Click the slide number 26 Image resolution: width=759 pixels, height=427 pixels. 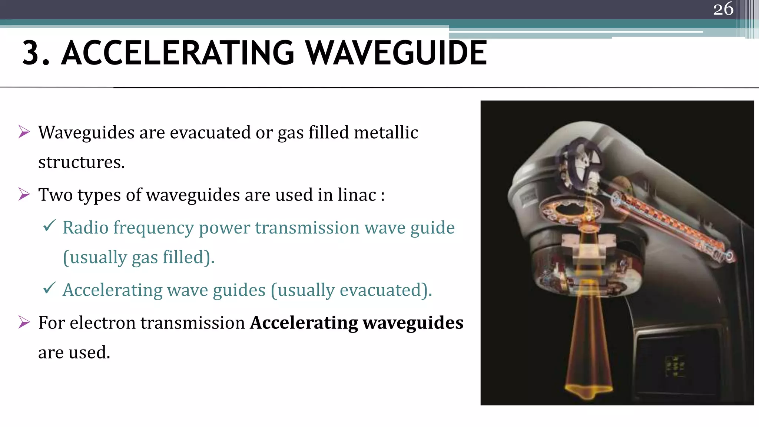[723, 9]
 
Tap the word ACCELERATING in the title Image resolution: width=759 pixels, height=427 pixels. [178, 53]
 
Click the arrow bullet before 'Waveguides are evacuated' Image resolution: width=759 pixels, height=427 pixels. [24, 132]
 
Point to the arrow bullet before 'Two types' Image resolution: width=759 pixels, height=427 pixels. [24, 194]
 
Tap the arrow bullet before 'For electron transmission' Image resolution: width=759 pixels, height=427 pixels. [24, 322]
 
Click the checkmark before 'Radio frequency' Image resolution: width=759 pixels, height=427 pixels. [49, 225]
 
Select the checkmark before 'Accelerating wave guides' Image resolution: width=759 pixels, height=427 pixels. [49, 288]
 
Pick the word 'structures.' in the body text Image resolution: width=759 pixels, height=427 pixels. [82, 162]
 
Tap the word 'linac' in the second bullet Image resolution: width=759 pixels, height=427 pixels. [357, 195]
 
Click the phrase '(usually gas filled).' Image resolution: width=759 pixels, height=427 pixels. [139, 257]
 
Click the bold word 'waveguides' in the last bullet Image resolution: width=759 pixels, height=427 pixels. [413, 322]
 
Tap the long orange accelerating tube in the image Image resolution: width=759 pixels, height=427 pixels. [671, 226]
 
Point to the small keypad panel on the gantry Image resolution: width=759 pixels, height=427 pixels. [675, 366]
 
